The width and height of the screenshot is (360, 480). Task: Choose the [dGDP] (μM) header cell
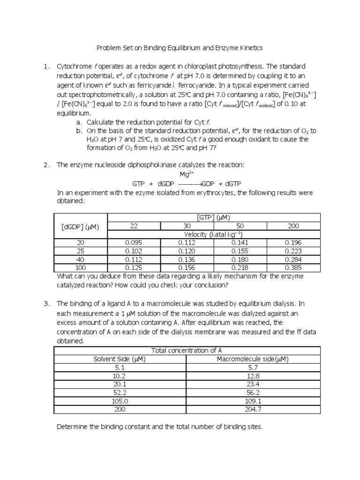(81, 226)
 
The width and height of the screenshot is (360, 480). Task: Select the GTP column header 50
(240, 226)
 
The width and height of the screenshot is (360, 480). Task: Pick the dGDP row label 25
(81, 251)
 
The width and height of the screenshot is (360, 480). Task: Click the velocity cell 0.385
(293, 268)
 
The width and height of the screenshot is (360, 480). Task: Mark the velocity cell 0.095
(134, 243)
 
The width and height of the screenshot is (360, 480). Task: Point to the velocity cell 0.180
(240, 259)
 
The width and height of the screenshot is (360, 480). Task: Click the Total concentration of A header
(187, 351)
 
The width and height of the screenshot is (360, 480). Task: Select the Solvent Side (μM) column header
(120, 359)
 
